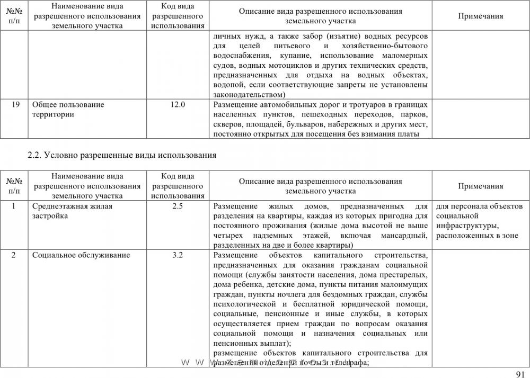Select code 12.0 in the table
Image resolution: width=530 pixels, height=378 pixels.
(x=178, y=105)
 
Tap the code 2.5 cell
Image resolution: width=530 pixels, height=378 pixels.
(x=178, y=206)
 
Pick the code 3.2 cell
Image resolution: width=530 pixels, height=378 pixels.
(x=178, y=255)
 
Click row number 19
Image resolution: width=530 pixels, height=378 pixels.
(x=16, y=105)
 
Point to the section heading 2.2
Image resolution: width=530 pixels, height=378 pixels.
(x=122, y=156)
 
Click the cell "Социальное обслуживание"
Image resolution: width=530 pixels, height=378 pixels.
(x=81, y=255)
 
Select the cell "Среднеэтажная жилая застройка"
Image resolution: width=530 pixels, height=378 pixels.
(x=72, y=211)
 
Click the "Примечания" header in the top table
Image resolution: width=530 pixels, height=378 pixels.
(x=480, y=16)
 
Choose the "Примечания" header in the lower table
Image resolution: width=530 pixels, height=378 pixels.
(x=480, y=186)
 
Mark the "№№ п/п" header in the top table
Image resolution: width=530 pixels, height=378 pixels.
(x=16, y=16)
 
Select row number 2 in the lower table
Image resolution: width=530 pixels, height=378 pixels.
(x=16, y=255)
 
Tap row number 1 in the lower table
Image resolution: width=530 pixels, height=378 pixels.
(x=16, y=206)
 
